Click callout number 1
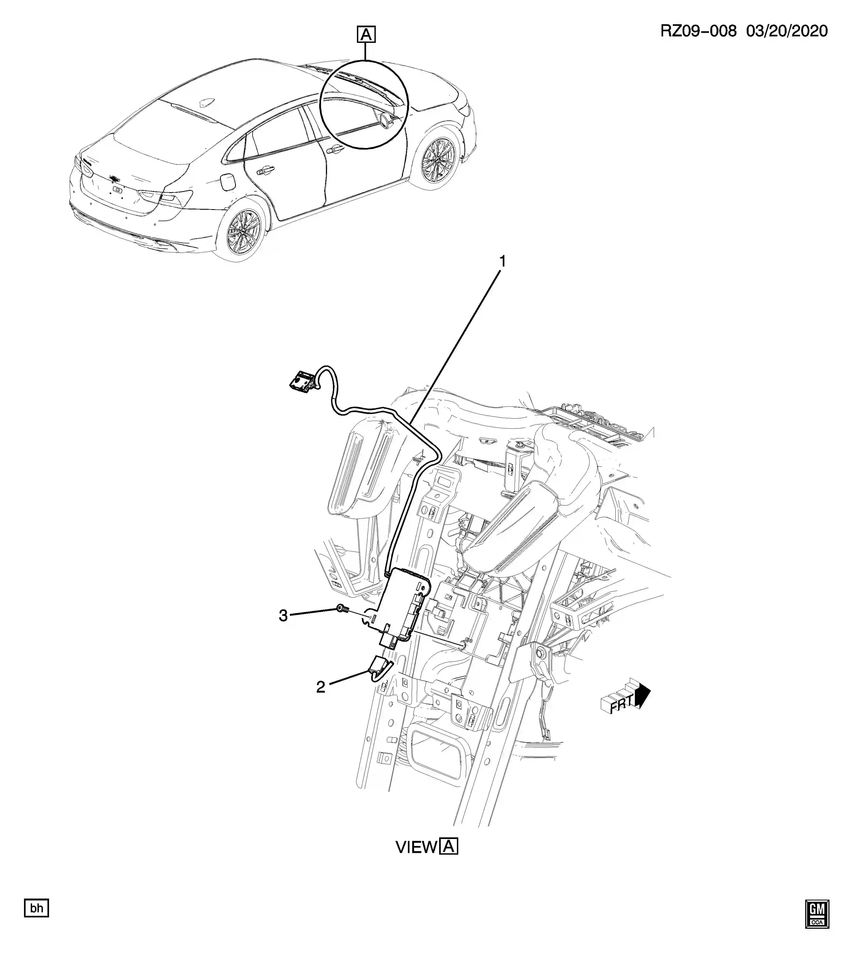coord(502,261)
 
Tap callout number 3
coord(283,615)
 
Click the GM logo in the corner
coord(817,914)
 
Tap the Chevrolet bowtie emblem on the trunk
coord(113,178)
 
